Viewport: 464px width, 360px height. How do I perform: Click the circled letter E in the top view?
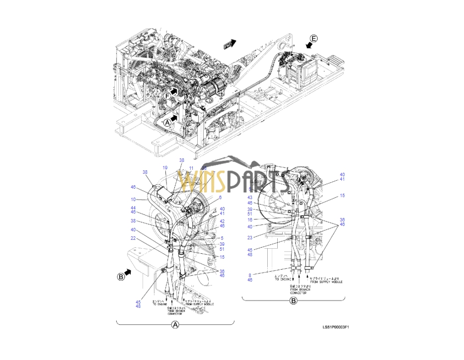[x=313, y=38]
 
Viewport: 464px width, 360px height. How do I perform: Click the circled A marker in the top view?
[x=167, y=121]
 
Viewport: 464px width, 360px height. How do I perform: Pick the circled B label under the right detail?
[x=293, y=301]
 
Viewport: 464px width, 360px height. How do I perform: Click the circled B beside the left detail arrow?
[x=121, y=277]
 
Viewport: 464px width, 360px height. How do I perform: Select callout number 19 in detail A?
[x=165, y=168]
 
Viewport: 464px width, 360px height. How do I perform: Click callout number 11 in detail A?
[x=191, y=168]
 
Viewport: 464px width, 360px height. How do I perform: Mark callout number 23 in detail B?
[x=250, y=237]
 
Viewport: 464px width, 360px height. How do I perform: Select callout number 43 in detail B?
[x=250, y=198]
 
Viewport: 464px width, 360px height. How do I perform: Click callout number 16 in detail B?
[x=250, y=219]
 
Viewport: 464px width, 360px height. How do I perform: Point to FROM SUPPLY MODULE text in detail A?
[x=198, y=302]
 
